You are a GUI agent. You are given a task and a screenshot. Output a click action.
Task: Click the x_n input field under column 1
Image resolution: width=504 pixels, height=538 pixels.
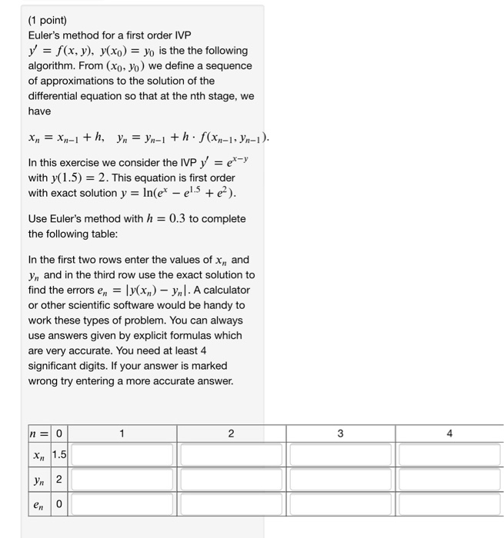point(122,454)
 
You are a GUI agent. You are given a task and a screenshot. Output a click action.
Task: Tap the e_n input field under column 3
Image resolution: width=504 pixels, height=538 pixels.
point(340,506)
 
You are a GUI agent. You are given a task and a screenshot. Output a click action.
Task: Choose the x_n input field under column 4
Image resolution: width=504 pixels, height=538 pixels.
point(450,454)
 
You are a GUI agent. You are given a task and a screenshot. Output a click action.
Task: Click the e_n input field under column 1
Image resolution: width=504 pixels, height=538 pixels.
point(122,506)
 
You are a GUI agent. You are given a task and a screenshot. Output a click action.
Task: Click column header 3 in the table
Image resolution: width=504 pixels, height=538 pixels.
point(340,433)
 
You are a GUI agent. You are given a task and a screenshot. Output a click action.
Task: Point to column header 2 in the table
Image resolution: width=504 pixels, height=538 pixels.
point(232,433)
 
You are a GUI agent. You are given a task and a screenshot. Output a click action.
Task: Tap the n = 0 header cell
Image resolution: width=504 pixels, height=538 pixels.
point(48,433)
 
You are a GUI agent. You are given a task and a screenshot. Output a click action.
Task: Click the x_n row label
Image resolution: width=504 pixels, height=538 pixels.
point(38,455)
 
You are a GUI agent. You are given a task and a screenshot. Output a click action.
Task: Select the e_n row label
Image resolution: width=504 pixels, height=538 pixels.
point(38,507)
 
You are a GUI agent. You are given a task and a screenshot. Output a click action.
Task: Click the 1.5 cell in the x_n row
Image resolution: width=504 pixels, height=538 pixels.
point(59,455)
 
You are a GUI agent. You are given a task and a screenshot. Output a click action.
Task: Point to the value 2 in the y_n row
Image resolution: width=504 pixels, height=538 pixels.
point(58,481)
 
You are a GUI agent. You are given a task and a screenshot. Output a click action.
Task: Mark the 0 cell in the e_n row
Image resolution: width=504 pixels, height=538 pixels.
point(58,507)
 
